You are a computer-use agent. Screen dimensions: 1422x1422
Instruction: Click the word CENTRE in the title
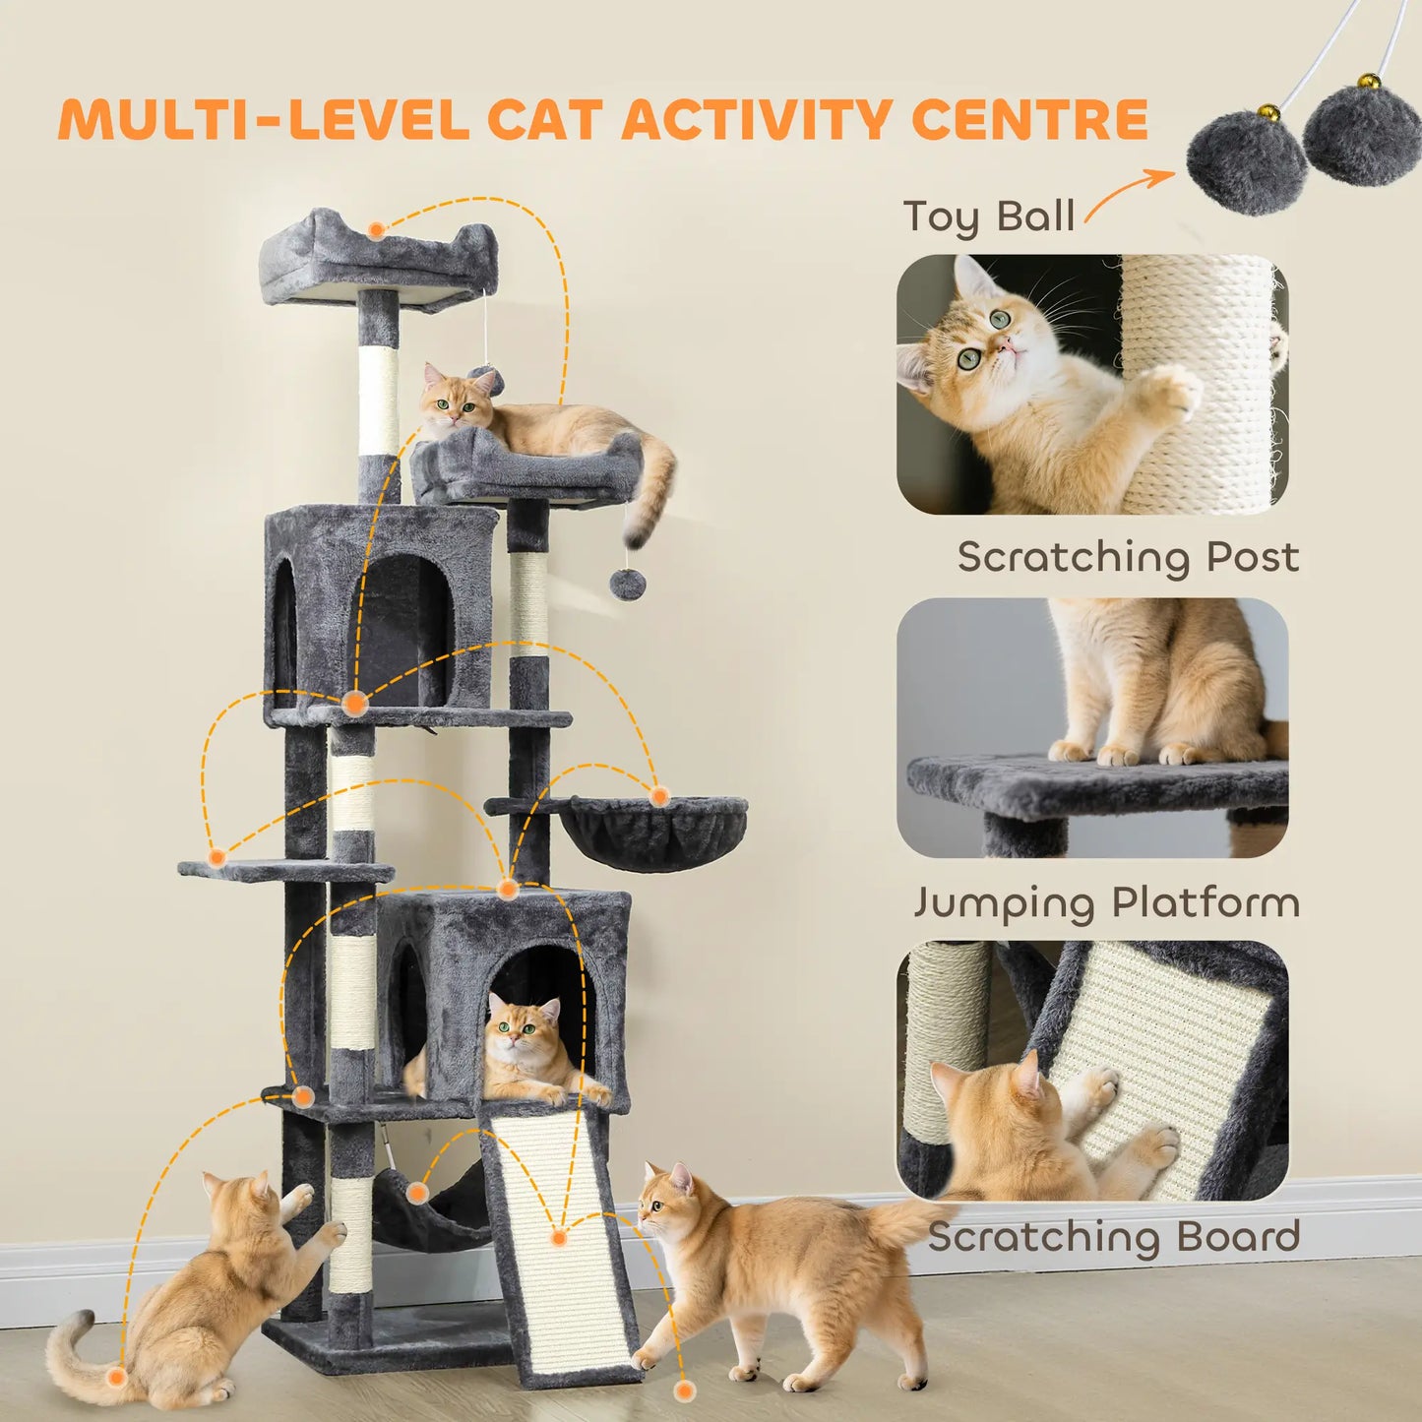coord(1029,120)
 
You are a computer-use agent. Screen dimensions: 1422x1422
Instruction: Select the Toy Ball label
coord(988,216)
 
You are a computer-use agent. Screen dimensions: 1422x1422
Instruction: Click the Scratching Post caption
coord(1128,557)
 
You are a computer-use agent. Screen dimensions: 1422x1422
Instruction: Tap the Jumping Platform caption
coord(1106,902)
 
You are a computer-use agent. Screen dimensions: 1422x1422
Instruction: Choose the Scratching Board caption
coord(1114,1237)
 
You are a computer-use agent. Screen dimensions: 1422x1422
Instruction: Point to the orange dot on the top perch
coord(376,230)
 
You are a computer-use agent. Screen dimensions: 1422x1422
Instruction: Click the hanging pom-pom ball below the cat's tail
coord(627,584)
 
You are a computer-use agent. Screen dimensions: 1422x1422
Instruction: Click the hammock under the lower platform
coord(433,1215)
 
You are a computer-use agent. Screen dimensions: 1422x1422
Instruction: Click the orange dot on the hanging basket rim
coord(659,795)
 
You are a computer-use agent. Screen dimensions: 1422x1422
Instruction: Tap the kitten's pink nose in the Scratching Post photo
coord(1008,344)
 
